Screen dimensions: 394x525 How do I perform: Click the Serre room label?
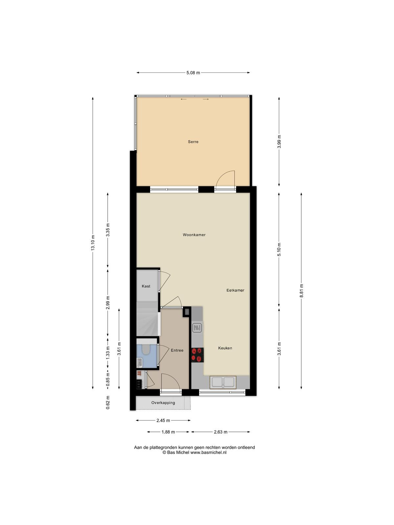pos(193,142)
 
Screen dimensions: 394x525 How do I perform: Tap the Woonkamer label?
pos(194,235)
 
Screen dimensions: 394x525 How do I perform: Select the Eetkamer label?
pos(235,290)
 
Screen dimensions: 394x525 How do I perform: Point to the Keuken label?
pos(225,348)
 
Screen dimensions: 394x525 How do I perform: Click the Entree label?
pos(177,350)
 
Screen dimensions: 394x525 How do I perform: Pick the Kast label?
pos(146,286)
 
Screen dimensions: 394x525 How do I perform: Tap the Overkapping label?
pos(163,403)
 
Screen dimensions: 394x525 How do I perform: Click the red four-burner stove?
pos(197,355)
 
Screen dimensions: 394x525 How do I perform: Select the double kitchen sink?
pos(223,382)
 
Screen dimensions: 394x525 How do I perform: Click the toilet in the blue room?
pos(145,349)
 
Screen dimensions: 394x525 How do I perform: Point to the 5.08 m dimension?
pos(193,73)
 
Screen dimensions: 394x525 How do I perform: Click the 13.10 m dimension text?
pos(93,243)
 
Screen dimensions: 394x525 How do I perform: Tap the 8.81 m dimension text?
pos(302,291)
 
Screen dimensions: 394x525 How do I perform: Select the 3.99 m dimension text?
pos(279,142)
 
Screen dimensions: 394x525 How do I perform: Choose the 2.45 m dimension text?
pos(163,420)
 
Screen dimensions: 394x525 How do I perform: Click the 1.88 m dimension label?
pos(168,432)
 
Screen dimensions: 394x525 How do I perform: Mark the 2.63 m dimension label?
pos(221,432)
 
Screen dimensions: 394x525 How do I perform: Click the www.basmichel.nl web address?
pos(208,452)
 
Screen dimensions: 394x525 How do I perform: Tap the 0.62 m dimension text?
pos(108,402)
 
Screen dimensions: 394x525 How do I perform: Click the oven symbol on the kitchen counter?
pos(197,328)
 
